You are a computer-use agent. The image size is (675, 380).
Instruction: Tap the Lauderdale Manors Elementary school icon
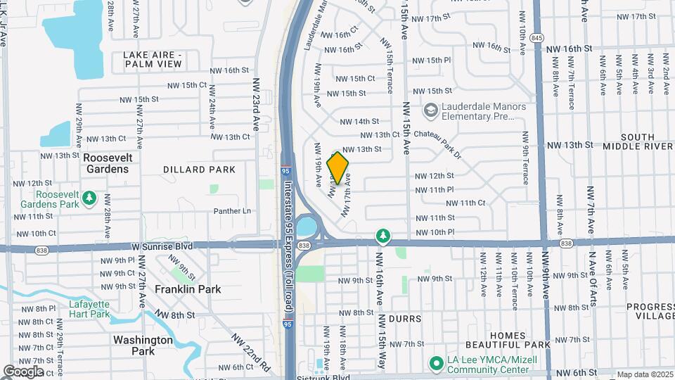430,110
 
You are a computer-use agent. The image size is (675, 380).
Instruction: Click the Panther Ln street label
232,210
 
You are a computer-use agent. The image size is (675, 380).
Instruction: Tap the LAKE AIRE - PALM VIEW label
153,59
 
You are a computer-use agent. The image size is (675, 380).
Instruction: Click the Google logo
22,372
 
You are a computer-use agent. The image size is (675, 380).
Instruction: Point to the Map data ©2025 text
645,374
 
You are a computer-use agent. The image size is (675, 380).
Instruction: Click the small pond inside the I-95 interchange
306,227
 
